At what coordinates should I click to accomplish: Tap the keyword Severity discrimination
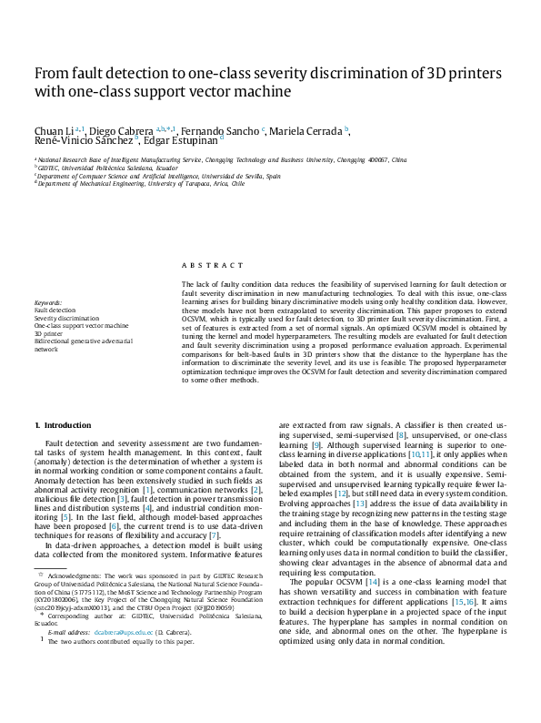(x=62, y=318)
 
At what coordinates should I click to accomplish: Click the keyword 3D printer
(x=48, y=333)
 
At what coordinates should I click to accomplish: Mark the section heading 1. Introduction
(x=63, y=425)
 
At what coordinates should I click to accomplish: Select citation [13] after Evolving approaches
(x=360, y=504)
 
